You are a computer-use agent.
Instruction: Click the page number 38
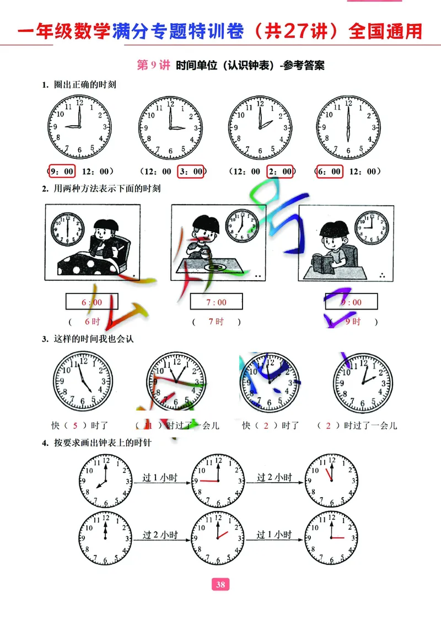tap(220, 585)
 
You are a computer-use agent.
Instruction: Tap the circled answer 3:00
tap(191, 172)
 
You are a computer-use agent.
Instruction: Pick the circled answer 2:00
tap(281, 172)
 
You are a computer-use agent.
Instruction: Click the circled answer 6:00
tap(329, 172)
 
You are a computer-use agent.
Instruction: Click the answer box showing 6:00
tap(92, 302)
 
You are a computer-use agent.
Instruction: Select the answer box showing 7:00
tap(217, 302)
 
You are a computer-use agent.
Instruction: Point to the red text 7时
tap(216, 322)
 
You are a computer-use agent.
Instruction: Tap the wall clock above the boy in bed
tap(67, 227)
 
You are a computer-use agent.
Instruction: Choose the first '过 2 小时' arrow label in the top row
tap(274, 477)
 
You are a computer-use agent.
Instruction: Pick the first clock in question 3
tap(82, 381)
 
